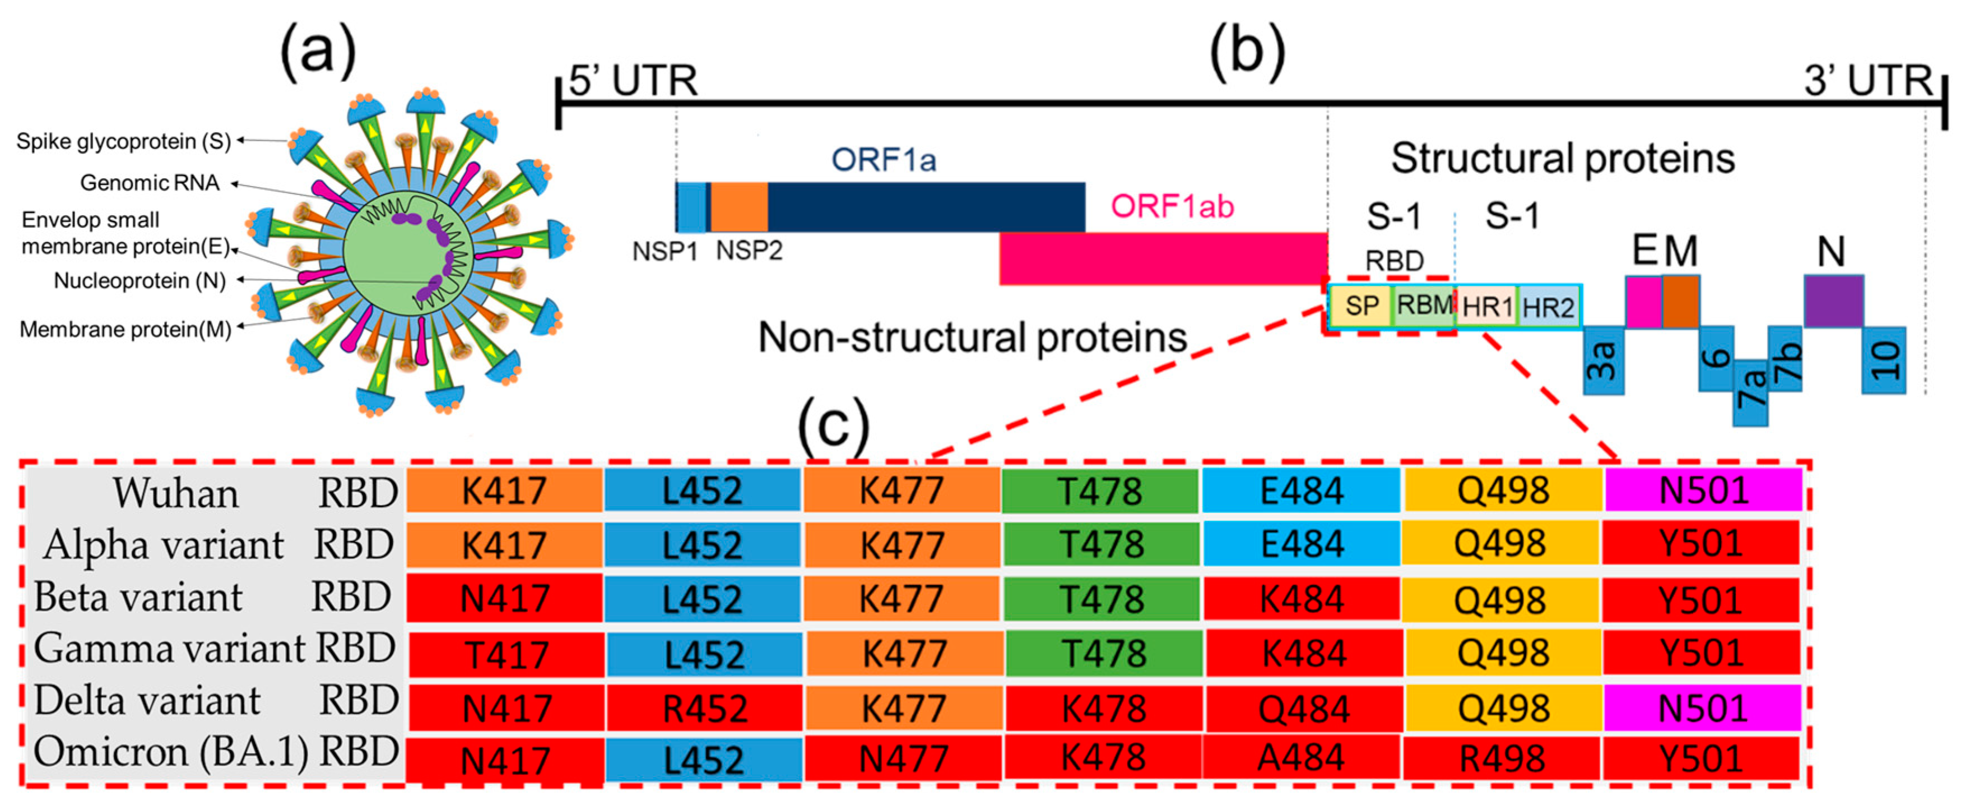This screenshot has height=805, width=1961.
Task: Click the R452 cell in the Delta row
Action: (x=704, y=708)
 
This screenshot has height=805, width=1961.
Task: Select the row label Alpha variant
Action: (x=164, y=544)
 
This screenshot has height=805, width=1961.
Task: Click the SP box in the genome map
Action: (x=1361, y=306)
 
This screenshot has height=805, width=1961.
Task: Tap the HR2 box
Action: (x=1549, y=307)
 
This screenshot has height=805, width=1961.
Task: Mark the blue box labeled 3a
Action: (x=1603, y=360)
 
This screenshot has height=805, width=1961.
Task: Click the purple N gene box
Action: (x=1833, y=301)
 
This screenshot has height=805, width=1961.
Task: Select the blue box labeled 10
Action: (x=1883, y=360)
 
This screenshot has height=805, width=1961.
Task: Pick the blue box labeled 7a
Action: (x=1750, y=392)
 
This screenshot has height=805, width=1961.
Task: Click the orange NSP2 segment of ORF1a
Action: (x=739, y=207)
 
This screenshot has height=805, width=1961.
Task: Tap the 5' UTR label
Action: (x=633, y=81)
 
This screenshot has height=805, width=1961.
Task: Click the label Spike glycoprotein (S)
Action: (x=123, y=141)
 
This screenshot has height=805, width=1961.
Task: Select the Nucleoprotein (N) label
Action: (x=140, y=280)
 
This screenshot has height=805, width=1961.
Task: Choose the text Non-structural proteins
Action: (x=973, y=337)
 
